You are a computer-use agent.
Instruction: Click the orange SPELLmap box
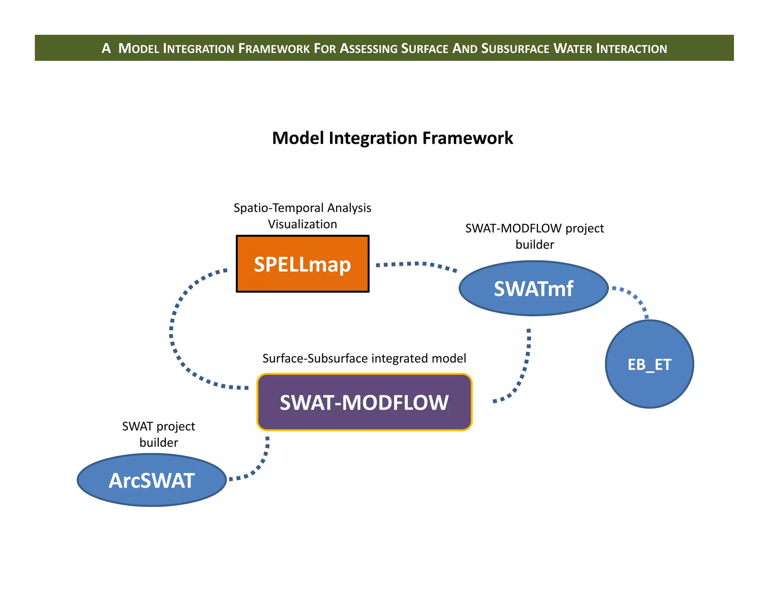[302, 264]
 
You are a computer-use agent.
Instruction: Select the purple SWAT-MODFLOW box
[364, 402]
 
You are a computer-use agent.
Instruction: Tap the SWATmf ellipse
[533, 288]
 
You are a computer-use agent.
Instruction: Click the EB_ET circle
[649, 364]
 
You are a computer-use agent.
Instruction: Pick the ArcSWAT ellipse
[151, 480]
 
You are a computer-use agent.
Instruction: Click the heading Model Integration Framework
[392, 138]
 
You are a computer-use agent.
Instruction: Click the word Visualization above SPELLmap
[302, 224]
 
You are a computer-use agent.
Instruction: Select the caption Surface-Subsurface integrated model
[364, 358]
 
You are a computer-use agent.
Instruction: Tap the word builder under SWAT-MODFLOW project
[534, 244]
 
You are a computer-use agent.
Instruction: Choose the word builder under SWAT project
[158, 442]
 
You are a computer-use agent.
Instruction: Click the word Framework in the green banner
[274, 48]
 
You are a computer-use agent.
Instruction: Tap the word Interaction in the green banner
[631, 48]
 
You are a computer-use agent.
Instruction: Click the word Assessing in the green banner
[368, 48]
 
